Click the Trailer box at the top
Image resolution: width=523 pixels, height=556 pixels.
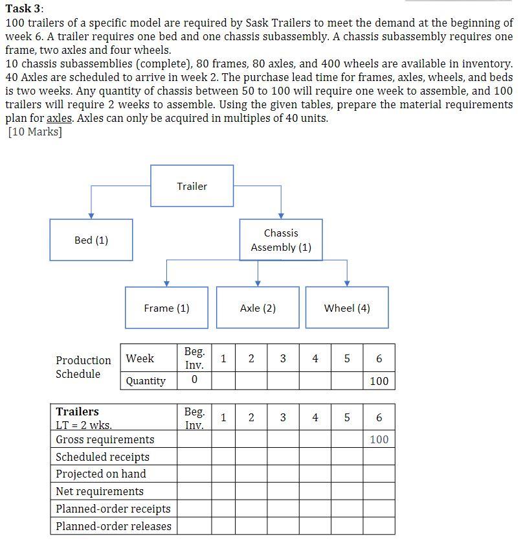pos(192,186)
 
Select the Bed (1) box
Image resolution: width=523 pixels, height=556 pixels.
pos(91,240)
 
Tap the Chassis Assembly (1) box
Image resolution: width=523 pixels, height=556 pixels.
pos(281,240)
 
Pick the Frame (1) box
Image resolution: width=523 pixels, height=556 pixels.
pos(166,308)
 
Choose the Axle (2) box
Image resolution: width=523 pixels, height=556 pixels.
pos(258,308)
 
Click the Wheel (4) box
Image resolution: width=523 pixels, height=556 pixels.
pos(347,308)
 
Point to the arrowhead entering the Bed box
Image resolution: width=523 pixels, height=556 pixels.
pos(91,216)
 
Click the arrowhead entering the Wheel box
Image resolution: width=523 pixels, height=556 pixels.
pos(347,283)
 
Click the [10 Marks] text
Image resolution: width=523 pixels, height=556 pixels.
pos(35,132)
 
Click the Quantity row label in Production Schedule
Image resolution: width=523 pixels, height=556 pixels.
pos(146,380)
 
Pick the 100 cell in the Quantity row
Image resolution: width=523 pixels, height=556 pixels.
pos(379,380)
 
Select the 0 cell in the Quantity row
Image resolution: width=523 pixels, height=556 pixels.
pos(194,380)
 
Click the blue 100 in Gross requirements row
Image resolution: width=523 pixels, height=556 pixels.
pos(379,439)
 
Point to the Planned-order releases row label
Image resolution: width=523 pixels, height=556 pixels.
pos(113,526)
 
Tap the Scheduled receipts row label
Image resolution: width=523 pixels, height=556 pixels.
pos(102,457)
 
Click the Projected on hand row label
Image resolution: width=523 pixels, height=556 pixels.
pos(101,474)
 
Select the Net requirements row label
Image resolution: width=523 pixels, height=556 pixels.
pos(100,491)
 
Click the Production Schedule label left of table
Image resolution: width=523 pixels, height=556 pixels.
pos(83,367)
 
